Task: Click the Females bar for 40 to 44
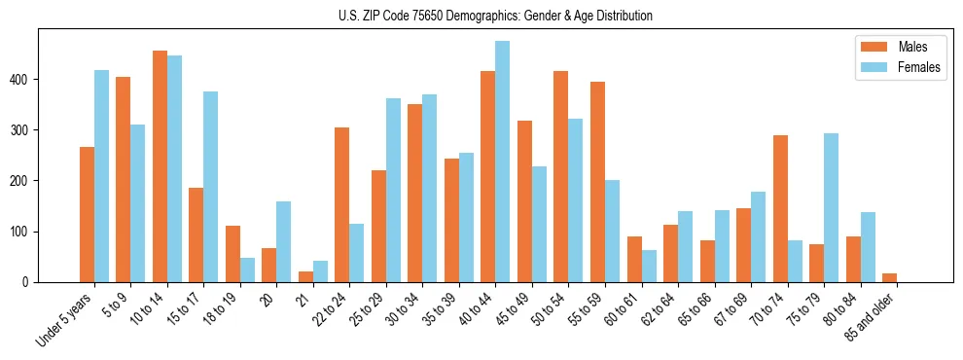click(503, 162)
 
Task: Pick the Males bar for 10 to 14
click(160, 166)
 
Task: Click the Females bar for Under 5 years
click(101, 176)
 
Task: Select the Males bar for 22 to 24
click(342, 204)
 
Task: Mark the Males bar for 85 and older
click(890, 277)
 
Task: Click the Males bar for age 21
click(305, 276)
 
